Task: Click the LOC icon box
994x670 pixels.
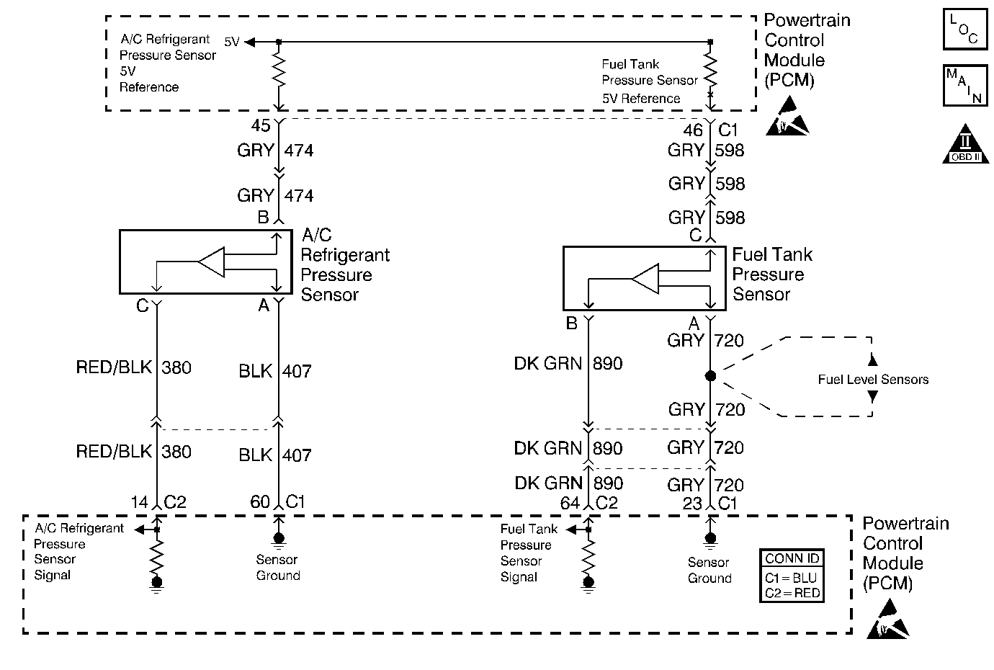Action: click(964, 30)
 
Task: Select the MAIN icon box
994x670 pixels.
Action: click(964, 85)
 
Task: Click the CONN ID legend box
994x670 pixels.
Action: click(792, 576)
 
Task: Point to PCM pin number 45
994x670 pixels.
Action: click(261, 126)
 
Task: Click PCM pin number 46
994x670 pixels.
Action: click(692, 130)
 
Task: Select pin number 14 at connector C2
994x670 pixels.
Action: click(140, 502)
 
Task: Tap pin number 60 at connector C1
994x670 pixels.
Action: click(260, 502)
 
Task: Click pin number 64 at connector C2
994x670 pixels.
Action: click(570, 503)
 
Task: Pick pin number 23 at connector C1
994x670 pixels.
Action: click(692, 503)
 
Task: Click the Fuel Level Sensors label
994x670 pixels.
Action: click(873, 380)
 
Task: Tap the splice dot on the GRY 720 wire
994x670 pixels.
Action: click(710, 376)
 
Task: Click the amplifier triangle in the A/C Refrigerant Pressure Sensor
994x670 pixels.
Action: click(212, 263)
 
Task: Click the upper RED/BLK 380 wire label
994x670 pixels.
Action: click(133, 367)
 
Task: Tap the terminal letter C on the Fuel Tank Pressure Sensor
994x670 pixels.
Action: click(695, 236)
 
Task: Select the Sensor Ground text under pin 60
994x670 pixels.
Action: click(277, 568)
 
